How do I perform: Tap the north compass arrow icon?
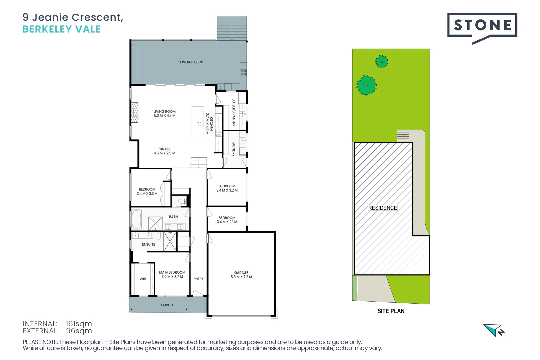tap(494, 330)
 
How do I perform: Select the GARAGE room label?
tap(241, 273)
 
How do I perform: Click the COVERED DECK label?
tap(190, 62)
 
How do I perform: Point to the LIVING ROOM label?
tap(164, 112)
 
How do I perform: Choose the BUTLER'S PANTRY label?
tap(234, 112)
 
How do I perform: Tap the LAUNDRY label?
tap(234, 149)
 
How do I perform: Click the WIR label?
tap(143, 279)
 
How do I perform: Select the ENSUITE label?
tap(148, 245)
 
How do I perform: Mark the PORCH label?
tap(167, 305)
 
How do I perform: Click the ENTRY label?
tap(198, 279)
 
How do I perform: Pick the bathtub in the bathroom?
tap(137, 219)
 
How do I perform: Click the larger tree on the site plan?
tap(366, 85)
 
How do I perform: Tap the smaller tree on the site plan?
tap(382, 62)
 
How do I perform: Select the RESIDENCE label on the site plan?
tap(382, 208)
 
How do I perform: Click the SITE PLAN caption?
tap(391, 311)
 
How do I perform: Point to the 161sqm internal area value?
tap(79, 324)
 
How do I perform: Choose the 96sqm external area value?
tap(79, 331)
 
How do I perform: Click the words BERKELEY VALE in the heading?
tap(61, 29)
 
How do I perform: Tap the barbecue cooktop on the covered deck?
tap(243, 72)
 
